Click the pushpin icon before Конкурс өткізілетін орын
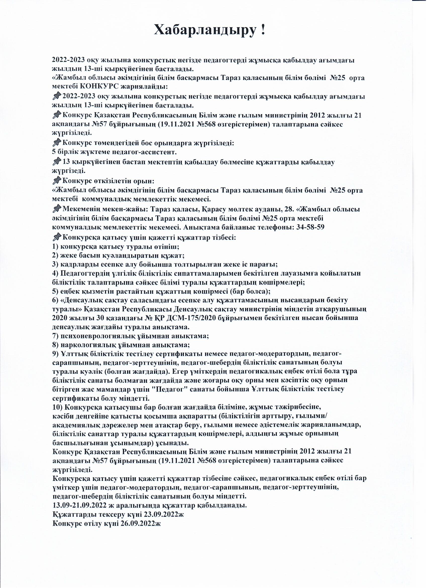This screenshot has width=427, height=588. click(x=57, y=180)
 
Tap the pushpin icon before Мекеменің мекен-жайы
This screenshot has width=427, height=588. click(x=57, y=208)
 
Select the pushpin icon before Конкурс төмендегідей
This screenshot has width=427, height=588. click(x=57, y=142)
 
